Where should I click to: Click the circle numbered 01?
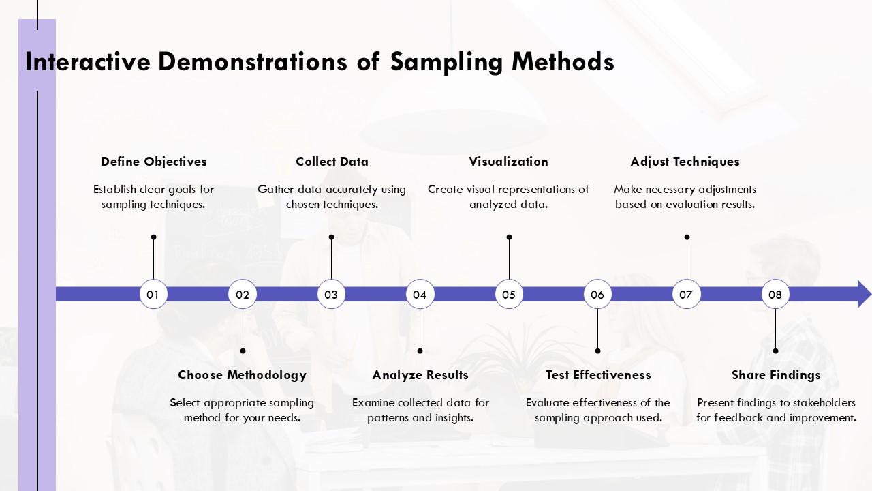pyautogui.click(x=153, y=294)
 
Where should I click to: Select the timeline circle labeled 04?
pyautogui.click(x=420, y=294)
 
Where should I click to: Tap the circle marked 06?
pyautogui.click(x=597, y=294)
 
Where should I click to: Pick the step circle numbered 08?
pyautogui.click(x=775, y=294)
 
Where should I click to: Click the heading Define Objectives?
pyautogui.click(x=154, y=162)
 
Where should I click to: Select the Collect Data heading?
pyautogui.click(x=332, y=162)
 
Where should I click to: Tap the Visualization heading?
pyautogui.click(x=508, y=162)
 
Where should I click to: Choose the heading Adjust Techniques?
pyautogui.click(x=685, y=162)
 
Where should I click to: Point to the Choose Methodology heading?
pyautogui.click(x=242, y=375)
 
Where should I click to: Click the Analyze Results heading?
pyautogui.click(x=420, y=375)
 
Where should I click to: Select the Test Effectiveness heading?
pyautogui.click(x=598, y=375)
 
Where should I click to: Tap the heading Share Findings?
pyautogui.click(x=776, y=375)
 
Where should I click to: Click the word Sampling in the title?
pyautogui.click(x=446, y=62)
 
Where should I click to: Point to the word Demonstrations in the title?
pyautogui.click(x=252, y=61)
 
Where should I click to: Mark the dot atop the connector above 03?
pyautogui.click(x=331, y=237)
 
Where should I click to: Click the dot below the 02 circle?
pyautogui.click(x=243, y=351)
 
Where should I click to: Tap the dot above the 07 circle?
pyautogui.click(x=687, y=237)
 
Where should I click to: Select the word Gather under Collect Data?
pyautogui.click(x=276, y=190)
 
